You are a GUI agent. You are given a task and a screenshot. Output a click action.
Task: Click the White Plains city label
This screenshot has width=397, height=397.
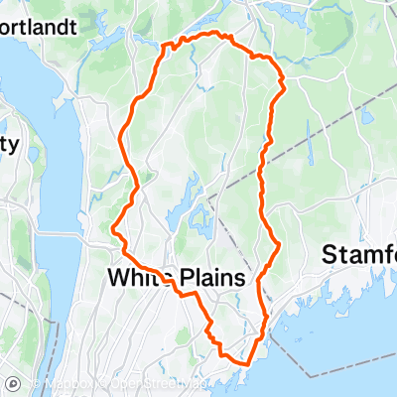175,278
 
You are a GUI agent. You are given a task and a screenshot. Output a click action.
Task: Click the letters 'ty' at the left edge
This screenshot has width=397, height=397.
10,146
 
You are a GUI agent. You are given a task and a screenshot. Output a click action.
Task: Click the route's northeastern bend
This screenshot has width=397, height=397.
282,79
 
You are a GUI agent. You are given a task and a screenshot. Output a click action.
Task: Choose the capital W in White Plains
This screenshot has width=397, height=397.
116,278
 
